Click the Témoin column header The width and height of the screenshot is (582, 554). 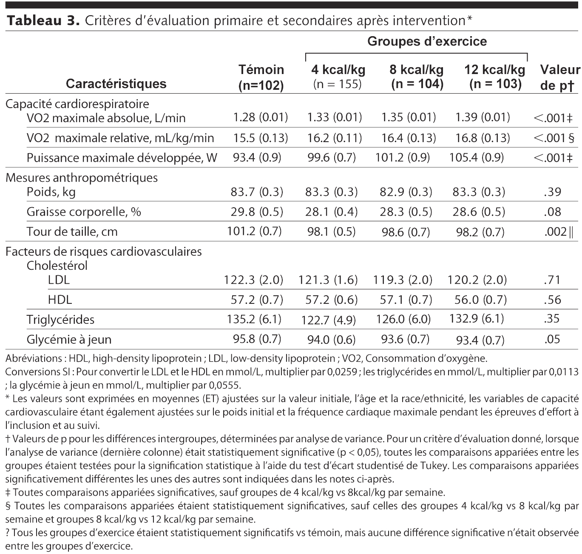coord(261,77)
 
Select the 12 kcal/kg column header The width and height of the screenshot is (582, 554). coord(495,76)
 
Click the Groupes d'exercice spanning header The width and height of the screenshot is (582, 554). coord(427,41)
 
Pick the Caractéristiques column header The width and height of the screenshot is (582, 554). coord(116,83)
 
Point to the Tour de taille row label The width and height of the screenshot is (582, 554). coord(72,231)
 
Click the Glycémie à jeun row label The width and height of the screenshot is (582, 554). coord(69,340)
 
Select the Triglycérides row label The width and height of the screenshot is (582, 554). coord(60,320)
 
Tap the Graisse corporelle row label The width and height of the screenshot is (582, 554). coord(84,211)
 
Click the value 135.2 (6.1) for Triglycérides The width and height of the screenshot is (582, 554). coord(254,319)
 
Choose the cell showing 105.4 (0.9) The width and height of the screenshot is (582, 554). coord(476,158)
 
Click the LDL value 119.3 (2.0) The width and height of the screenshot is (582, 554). coord(403,280)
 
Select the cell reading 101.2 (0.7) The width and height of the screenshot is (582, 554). coord(254,231)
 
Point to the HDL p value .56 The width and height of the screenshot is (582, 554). coord(552,300)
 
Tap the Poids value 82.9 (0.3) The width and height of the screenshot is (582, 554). coord(406,192)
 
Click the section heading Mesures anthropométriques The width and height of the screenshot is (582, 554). coord(82,177)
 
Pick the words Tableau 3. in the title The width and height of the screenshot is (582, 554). coord(43,21)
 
